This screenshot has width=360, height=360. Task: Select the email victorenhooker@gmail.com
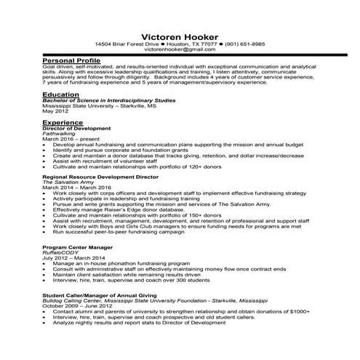coord(180,51)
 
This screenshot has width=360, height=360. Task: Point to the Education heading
coord(61,95)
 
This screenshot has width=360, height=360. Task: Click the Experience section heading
coord(64,124)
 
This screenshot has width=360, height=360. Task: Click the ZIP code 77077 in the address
coord(204,44)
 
